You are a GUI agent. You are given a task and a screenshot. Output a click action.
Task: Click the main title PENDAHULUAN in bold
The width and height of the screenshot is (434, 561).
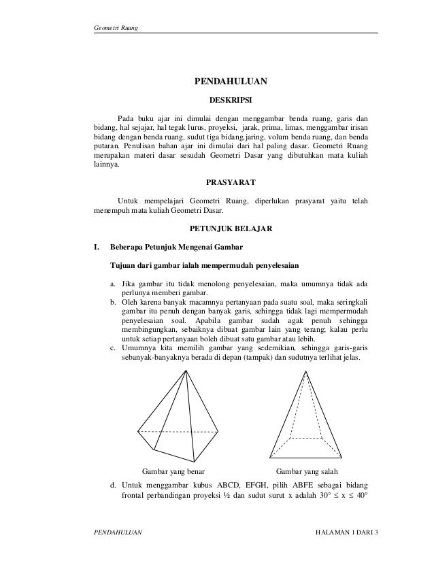point(231,82)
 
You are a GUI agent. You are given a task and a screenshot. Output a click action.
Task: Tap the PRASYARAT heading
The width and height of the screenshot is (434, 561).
point(231,182)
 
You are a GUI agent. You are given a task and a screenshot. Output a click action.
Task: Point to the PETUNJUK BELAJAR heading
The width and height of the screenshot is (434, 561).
point(231,229)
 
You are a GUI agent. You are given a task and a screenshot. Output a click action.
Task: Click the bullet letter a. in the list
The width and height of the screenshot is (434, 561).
point(113,283)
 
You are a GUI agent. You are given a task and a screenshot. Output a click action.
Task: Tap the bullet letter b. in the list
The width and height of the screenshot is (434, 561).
point(113,301)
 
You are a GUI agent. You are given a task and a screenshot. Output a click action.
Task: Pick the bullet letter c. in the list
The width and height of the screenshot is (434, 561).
point(113,347)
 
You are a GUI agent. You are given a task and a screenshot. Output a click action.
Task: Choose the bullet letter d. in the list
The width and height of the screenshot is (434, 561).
point(113,486)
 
